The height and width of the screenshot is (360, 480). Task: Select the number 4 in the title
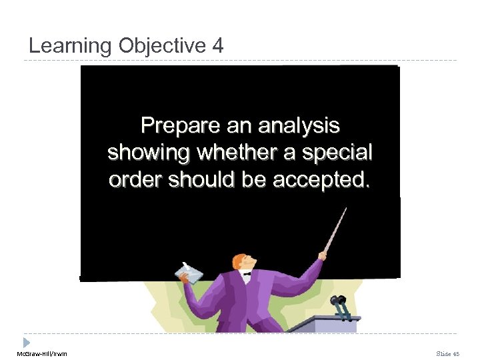tap(219, 46)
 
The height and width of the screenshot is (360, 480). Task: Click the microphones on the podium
tap(340, 305)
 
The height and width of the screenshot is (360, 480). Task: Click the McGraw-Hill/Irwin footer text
tap(42, 353)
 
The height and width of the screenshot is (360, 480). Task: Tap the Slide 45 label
tap(448, 353)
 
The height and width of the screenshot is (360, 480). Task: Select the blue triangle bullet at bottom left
tap(27, 341)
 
